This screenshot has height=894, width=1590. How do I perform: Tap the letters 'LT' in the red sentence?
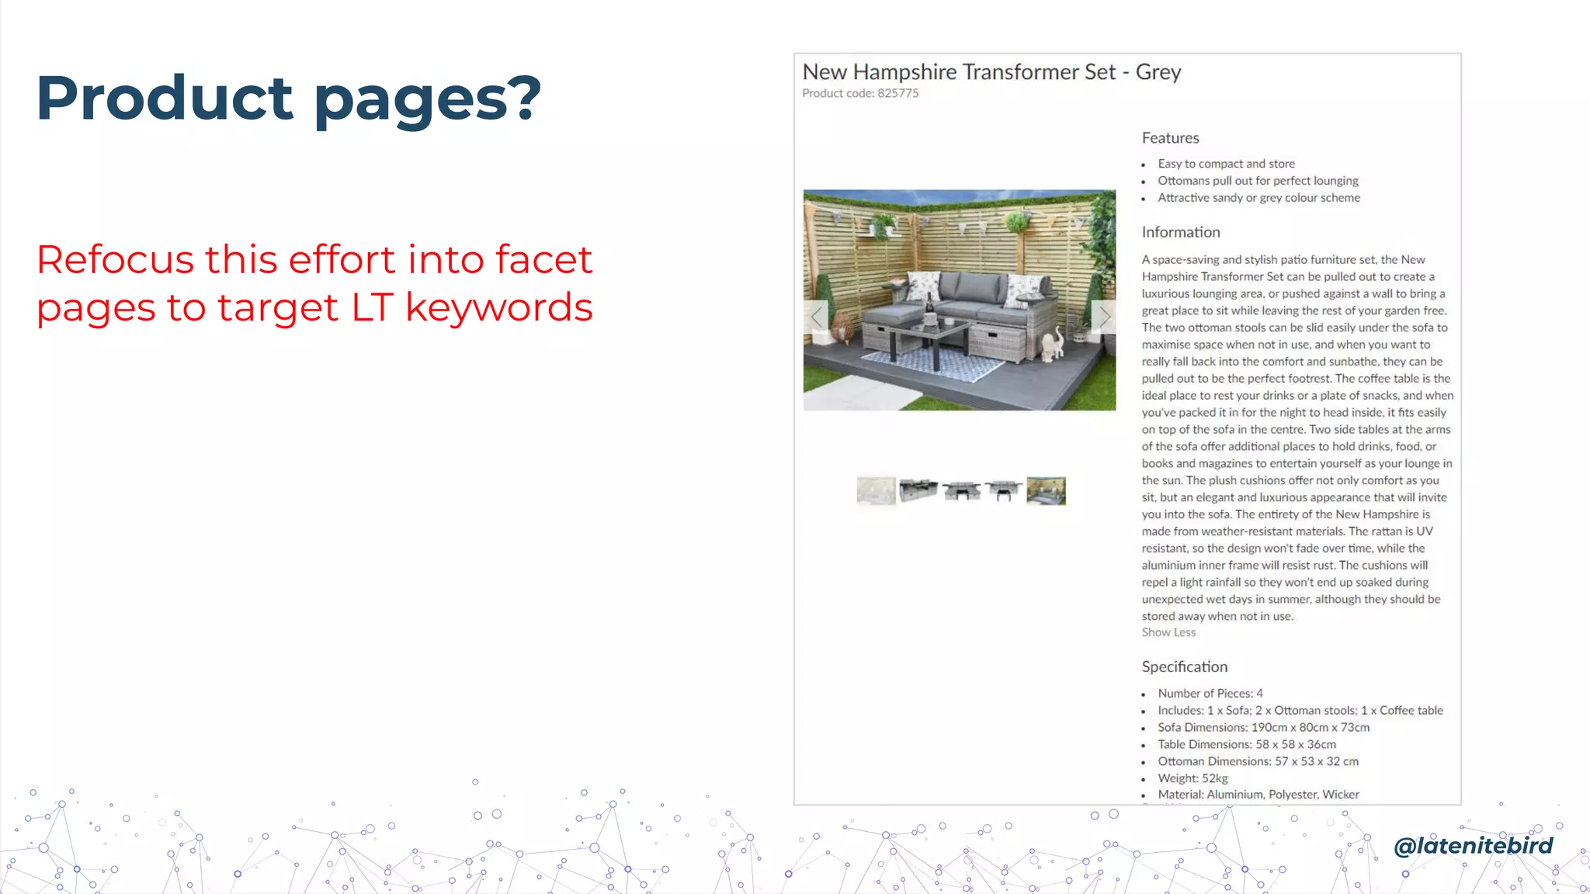click(372, 307)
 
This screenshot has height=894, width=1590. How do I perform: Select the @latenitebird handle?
click(1473, 845)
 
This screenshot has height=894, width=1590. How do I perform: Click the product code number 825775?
click(897, 93)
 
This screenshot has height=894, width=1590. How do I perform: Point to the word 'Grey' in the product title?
click(1158, 72)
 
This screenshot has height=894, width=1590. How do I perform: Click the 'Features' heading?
click(1170, 138)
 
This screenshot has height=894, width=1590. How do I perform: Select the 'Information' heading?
click(1180, 232)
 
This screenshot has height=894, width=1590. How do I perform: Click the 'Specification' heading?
click(1184, 667)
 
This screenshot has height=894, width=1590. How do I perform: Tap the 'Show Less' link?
click(1168, 632)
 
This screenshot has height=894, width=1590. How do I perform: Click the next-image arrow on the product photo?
click(1104, 317)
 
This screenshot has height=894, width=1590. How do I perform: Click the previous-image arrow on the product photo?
click(816, 317)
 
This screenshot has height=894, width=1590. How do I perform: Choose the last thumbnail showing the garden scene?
click(1046, 491)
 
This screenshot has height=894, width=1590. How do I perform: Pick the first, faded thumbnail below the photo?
click(876, 491)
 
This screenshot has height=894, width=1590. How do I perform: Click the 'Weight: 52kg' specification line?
click(1192, 778)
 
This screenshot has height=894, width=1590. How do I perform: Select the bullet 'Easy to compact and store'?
click(1226, 164)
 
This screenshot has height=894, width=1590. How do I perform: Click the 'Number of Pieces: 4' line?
click(1210, 693)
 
